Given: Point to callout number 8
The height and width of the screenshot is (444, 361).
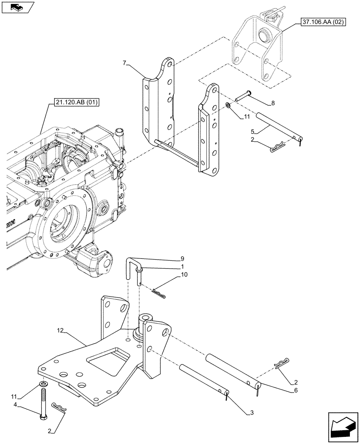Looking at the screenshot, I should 273,103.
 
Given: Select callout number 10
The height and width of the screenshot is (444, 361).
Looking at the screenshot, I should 184,275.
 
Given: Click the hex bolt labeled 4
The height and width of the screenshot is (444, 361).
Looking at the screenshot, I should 44,403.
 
